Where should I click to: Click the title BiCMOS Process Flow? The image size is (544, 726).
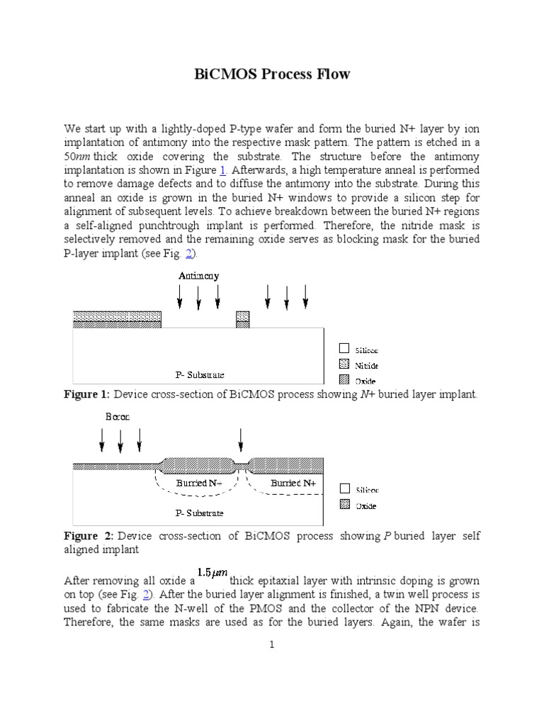pos(272,74)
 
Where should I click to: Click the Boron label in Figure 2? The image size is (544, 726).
pos(118,417)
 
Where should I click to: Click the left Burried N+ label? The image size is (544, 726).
pos(200,483)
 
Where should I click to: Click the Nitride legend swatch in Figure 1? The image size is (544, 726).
pos(344,365)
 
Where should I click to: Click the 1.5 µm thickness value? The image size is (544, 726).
pos(212,573)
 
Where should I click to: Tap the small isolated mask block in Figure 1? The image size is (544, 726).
pos(242,319)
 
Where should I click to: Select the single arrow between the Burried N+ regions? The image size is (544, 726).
pos(241,440)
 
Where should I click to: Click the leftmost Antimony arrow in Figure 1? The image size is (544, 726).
pos(180,297)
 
